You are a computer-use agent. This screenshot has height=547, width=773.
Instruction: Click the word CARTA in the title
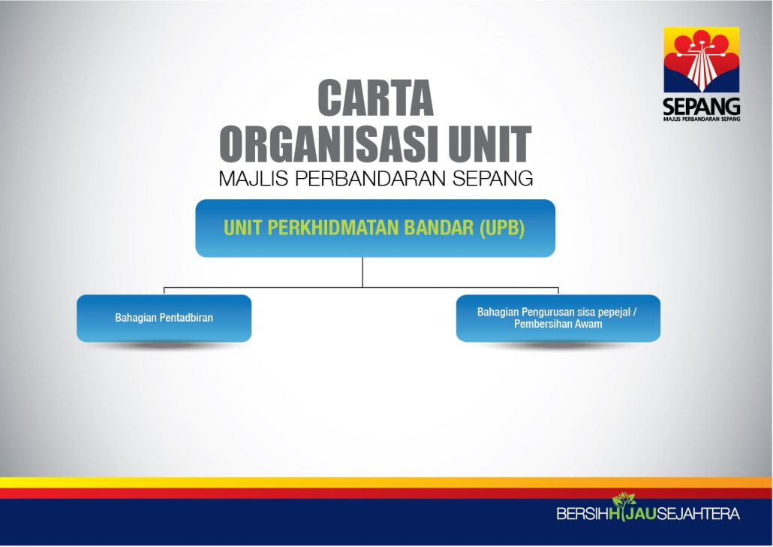376,98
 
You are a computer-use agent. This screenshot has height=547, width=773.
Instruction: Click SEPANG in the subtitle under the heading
493,178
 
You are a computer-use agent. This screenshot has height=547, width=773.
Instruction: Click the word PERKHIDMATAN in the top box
334,228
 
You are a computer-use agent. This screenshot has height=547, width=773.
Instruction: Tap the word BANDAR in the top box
438,228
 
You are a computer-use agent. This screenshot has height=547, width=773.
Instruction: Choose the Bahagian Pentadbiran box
164,318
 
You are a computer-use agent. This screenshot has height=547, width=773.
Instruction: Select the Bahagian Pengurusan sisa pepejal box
558,318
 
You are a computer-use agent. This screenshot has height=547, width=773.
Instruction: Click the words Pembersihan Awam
558,324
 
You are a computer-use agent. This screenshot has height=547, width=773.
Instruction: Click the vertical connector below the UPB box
362,272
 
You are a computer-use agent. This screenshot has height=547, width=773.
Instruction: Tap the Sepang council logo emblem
702,60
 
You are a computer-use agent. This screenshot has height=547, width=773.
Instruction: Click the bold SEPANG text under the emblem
702,106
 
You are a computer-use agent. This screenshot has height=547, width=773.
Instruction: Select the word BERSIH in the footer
582,514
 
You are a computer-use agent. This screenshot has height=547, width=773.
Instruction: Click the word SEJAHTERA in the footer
698,514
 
